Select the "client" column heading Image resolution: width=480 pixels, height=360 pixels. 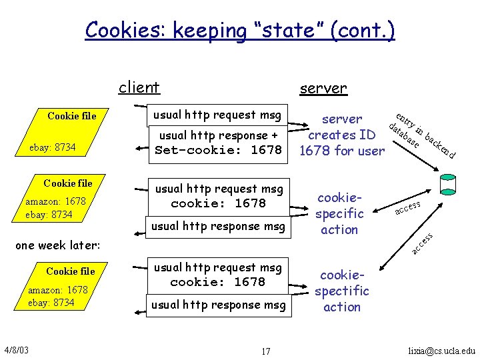click(139, 87)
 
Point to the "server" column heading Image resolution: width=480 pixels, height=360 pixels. click(323, 88)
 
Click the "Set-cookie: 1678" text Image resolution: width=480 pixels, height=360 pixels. click(218, 150)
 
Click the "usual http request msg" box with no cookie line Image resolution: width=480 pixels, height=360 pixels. click(217, 115)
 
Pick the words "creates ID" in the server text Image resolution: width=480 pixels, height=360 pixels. click(341, 135)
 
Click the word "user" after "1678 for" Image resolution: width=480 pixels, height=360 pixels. click(371, 151)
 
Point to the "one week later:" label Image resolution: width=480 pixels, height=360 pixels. click(57, 245)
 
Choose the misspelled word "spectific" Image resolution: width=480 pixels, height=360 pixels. click(342, 291)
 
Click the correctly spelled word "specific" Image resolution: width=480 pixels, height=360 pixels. click(339, 213)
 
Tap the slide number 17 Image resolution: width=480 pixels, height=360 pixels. click(265, 351)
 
